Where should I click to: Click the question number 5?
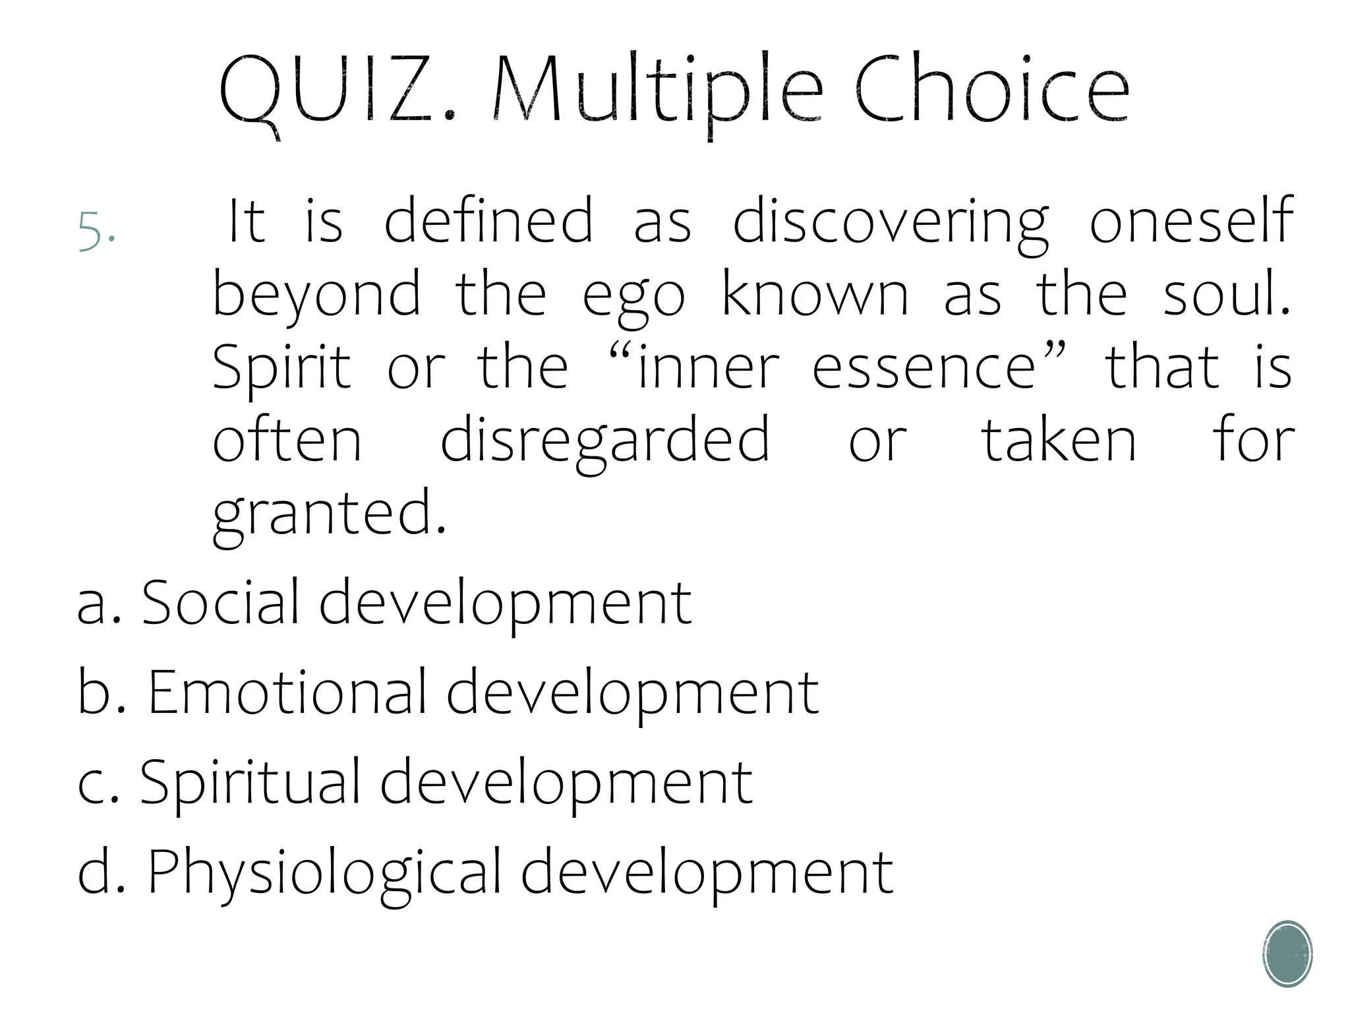click(96, 230)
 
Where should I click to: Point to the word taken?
click(1060, 440)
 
